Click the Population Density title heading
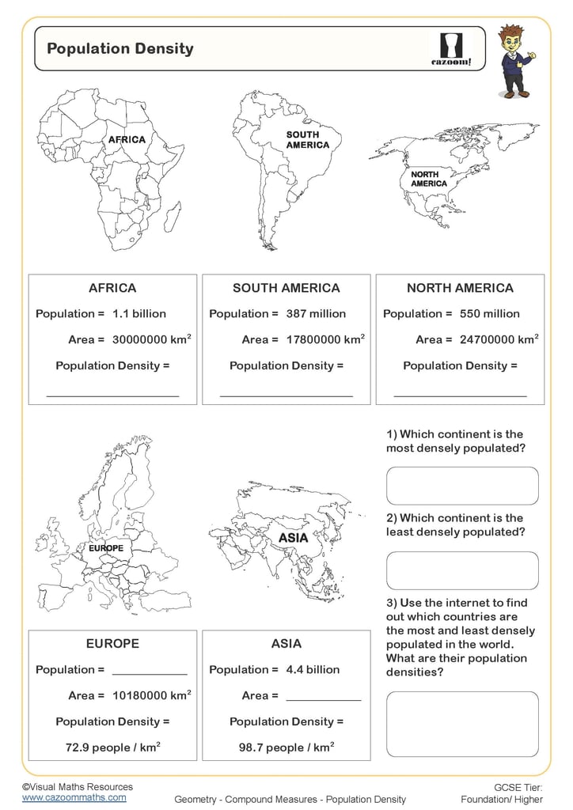coord(120,48)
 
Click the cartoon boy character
coord(515,61)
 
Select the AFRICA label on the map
coord(127,140)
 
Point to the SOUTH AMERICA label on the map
coord(308,140)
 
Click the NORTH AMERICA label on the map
coord(429,179)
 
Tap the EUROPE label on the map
coord(107,547)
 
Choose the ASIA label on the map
coord(293,539)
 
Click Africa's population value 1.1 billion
coord(139,314)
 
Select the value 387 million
coord(316,314)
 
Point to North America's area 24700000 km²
coord(499,339)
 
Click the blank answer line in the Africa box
coord(112,394)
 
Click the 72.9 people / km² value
coord(112,748)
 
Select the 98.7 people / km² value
coord(286,748)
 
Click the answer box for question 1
coord(462,486)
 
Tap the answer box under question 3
coord(462,724)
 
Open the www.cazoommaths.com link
coord(74,798)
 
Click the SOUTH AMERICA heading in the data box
coord(286,288)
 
